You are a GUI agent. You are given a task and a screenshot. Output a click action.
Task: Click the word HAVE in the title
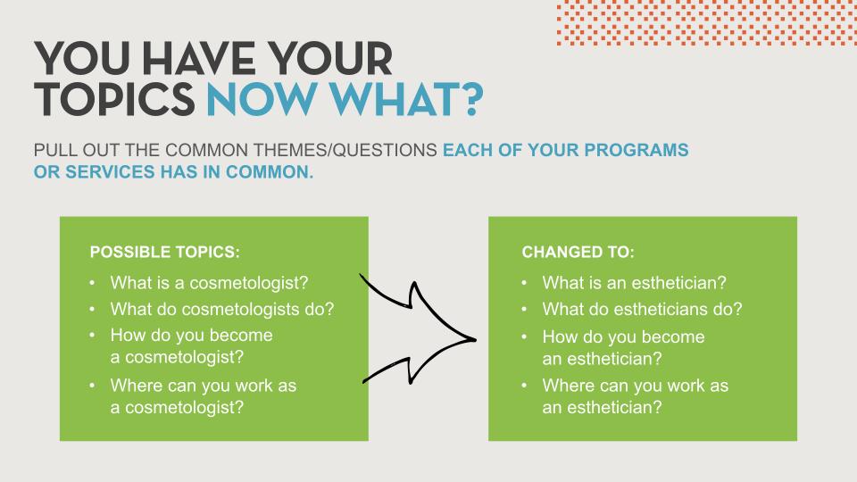198,58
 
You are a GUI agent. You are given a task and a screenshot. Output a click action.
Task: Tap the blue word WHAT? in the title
406,99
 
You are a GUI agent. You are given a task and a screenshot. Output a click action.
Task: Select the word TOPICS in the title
114,99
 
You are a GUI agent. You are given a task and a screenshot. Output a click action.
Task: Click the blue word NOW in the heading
262,99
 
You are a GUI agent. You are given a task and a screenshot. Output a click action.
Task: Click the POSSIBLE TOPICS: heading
164,252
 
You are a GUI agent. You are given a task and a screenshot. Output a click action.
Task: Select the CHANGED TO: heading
578,252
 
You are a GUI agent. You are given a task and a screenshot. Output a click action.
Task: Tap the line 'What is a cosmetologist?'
209,283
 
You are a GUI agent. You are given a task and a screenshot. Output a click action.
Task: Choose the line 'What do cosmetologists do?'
222,310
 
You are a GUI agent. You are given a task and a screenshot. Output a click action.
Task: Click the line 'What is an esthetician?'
634,283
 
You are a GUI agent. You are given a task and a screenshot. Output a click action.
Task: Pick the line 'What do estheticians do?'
642,310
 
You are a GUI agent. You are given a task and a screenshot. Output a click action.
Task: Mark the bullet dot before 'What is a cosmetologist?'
92,283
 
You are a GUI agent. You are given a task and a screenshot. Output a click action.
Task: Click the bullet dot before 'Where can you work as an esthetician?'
524,386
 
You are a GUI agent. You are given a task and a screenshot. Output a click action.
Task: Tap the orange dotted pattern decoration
707,23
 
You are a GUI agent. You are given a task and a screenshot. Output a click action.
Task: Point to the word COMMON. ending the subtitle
270,171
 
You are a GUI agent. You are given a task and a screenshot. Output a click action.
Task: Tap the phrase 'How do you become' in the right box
624,337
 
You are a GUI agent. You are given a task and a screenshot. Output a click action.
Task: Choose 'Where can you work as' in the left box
204,386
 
